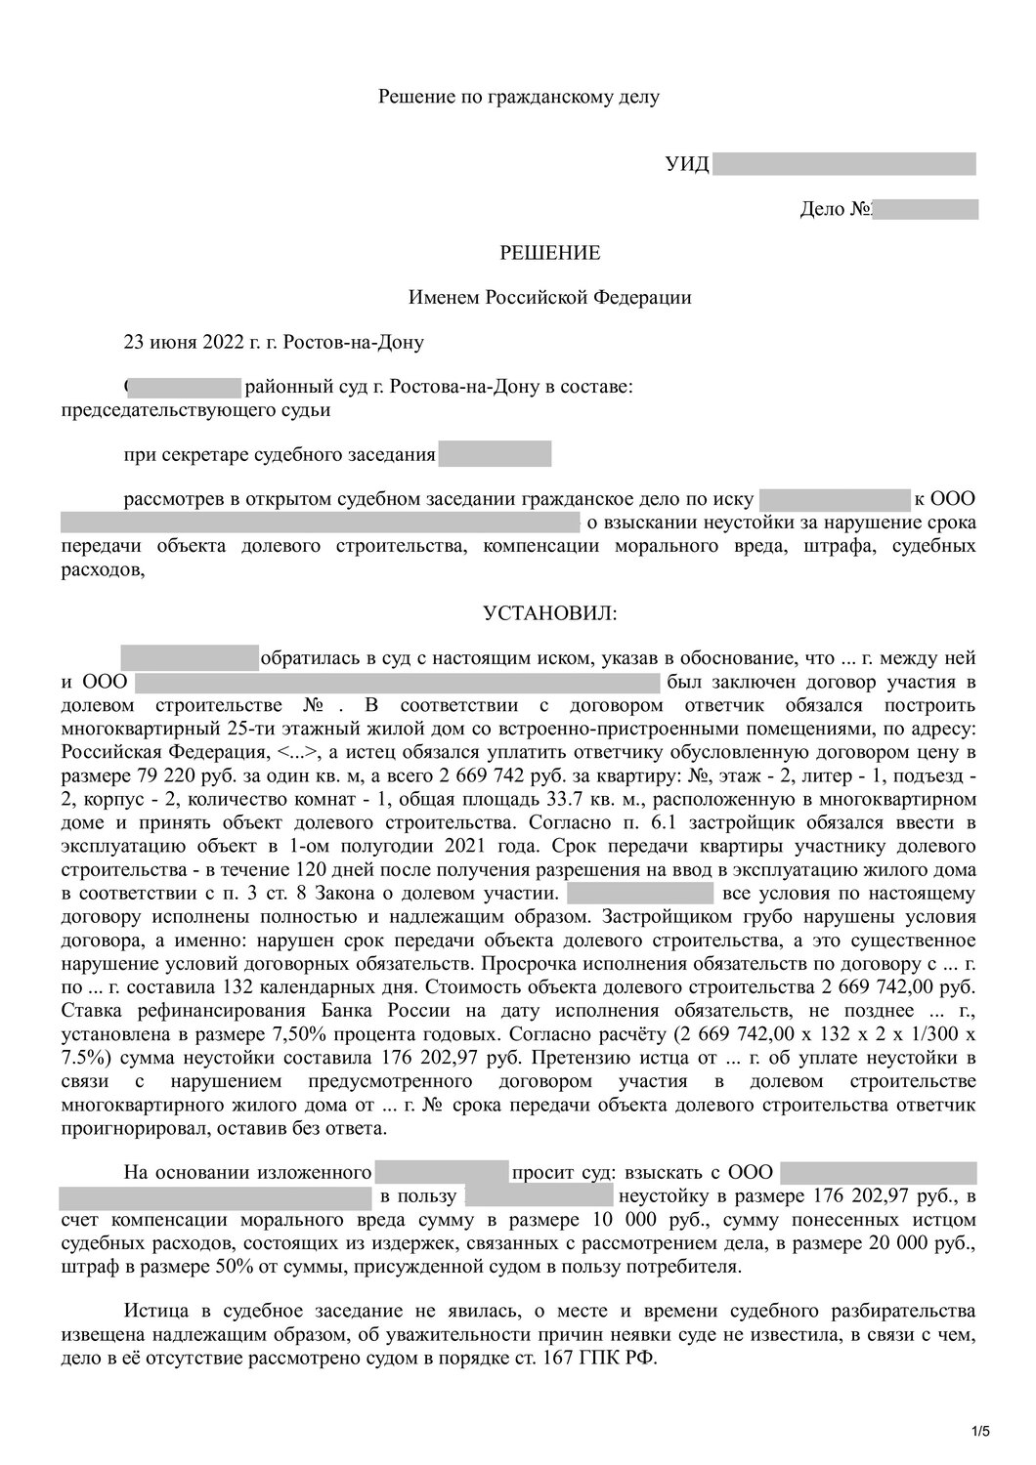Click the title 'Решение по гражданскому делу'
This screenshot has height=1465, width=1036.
point(519,97)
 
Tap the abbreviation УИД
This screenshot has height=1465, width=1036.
point(687,164)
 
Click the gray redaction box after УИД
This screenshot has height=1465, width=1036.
point(844,164)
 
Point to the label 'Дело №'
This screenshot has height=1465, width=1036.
point(835,209)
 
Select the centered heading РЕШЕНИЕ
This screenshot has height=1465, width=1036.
point(550,254)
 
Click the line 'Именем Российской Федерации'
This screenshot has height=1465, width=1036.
point(549,298)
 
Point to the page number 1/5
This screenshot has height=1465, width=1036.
point(980,1433)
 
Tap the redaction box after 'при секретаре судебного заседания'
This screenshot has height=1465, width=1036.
point(495,454)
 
